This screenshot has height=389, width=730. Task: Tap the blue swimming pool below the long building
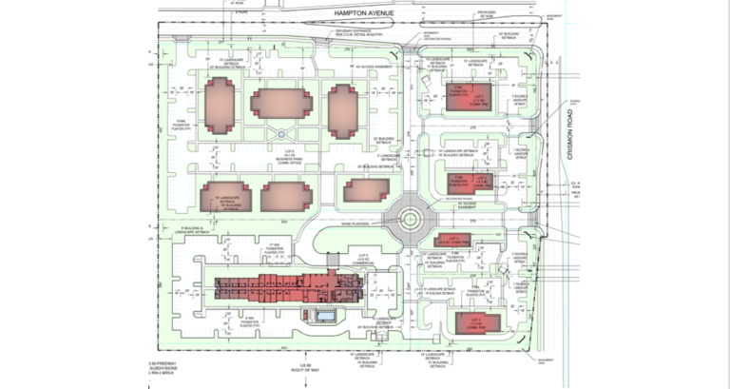326,314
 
